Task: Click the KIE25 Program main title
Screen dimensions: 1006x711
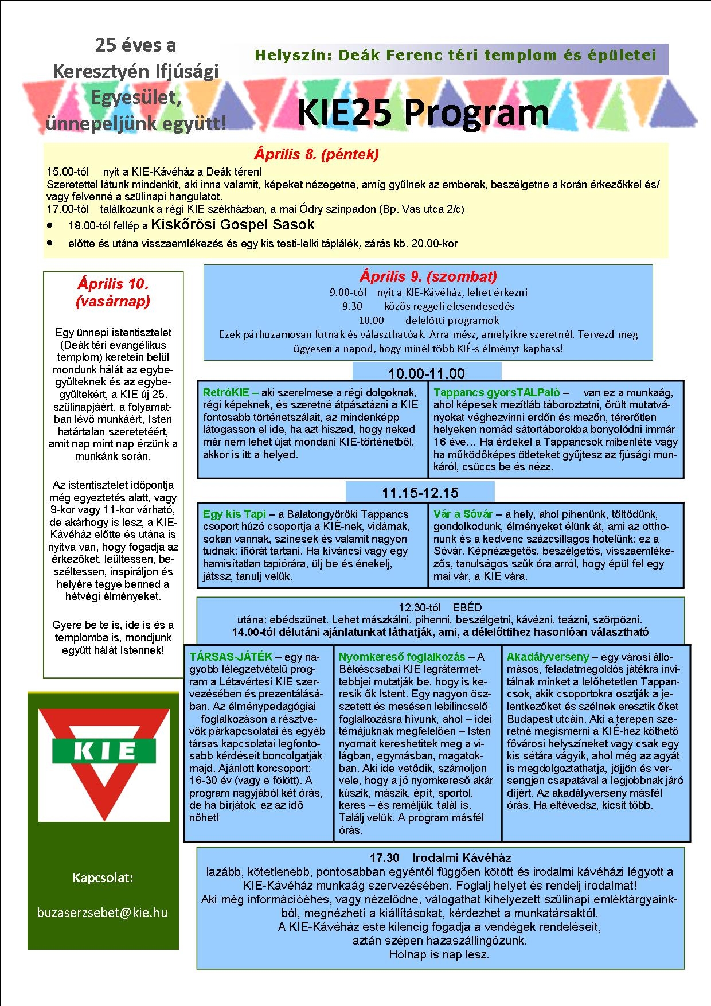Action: point(423,112)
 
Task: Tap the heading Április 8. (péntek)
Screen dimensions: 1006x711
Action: point(316,154)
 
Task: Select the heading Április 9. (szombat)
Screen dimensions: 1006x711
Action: point(428,276)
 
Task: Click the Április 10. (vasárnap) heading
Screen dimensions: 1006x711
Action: point(113,293)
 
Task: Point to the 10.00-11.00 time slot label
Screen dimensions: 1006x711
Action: point(427,373)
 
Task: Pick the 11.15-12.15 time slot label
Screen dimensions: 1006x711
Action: point(420,493)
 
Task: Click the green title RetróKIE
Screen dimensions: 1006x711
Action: point(226,393)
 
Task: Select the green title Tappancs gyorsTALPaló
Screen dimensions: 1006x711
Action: point(497,393)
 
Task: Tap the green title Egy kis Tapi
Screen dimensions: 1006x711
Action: point(235,514)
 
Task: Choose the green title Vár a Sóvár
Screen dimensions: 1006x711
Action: point(463,514)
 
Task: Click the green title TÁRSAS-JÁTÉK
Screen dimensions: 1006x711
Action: point(231,657)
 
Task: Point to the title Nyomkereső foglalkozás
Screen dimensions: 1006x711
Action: point(402,657)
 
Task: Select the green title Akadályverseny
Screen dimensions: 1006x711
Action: point(548,657)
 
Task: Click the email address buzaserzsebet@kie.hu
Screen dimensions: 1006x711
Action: point(103,912)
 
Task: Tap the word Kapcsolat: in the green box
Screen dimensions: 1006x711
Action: point(103,878)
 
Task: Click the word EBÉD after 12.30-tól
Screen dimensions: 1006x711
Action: point(467,607)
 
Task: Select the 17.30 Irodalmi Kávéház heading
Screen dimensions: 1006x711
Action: point(440,858)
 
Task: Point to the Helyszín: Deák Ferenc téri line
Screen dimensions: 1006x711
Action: point(455,56)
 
